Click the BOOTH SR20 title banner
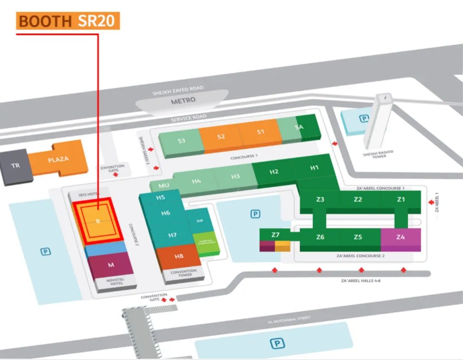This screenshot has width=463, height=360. click(68, 21)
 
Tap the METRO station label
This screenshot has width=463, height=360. click(183, 101)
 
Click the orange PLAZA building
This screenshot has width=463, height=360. click(58, 159)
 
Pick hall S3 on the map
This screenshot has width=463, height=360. click(181, 140)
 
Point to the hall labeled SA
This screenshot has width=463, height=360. click(300, 127)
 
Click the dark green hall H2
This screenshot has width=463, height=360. click(274, 171)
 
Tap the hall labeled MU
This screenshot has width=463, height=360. click(164, 185)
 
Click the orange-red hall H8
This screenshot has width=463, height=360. click(179, 256)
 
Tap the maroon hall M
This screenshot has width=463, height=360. click(111, 264)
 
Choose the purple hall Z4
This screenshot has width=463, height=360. click(400, 237)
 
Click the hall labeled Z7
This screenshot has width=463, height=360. click(275, 234)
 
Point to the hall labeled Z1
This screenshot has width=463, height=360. click(401, 199)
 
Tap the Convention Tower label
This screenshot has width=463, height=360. click(183, 273)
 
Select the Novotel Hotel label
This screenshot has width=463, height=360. click(115, 281)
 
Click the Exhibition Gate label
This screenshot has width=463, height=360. click(113, 168)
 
